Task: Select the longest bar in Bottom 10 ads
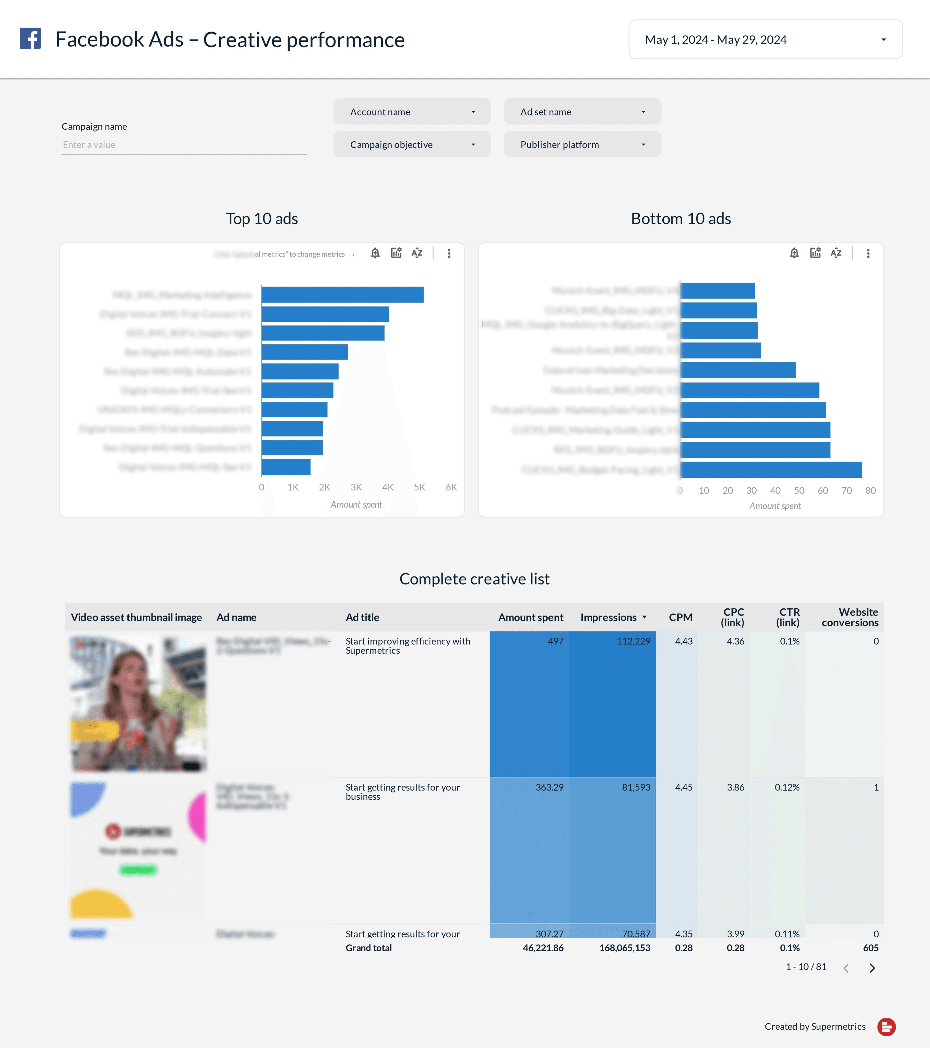click(771, 470)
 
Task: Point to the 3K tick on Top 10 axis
click(356, 487)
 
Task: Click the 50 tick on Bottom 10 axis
click(799, 491)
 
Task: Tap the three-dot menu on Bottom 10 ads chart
click(868, 253)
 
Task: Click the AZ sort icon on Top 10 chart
click(417, 253)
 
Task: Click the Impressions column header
click(609, 617)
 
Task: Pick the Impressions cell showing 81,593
click(636, 788)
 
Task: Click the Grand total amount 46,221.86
click(543, 948)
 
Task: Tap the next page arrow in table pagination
click(872, 968)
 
